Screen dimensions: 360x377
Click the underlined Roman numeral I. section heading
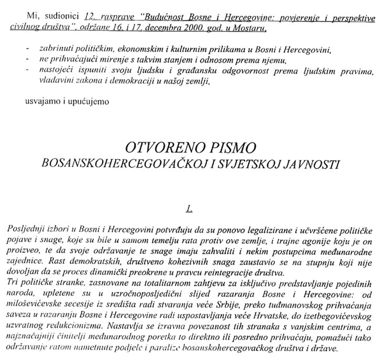[x=190, y=209]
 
